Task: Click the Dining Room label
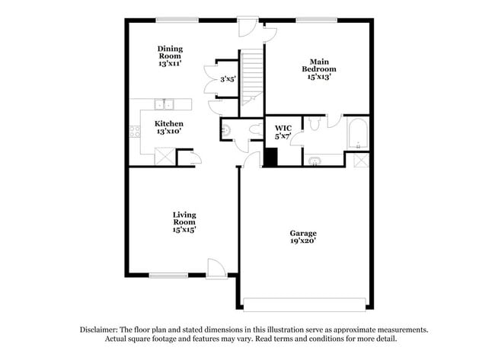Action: (x=171, y=53)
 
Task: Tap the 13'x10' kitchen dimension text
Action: (x=169, y=132)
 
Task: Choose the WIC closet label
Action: (x=283, y=127)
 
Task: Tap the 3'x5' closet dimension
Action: (x=228, y=79)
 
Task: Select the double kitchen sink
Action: (x=164, y=104)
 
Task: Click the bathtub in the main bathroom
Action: (x=357, y=133)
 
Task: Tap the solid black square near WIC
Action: (x=270, y=158)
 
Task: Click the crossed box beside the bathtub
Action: (x=359, y=160)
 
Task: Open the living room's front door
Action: (x=216, y=268)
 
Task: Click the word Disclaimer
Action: (x=104, y=330)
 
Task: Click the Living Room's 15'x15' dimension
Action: (x=184, y=228)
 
